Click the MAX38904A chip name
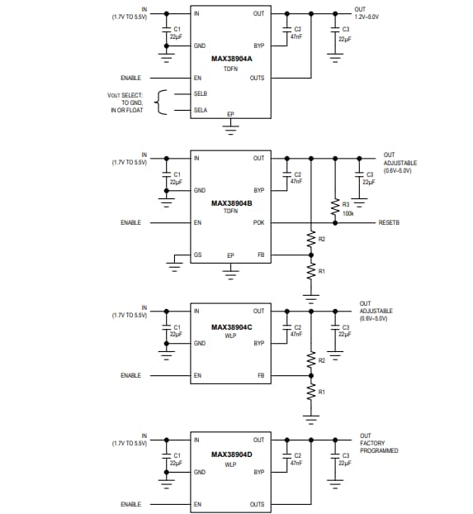tap(230, 59)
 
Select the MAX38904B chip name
tap(230, 202)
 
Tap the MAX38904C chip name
tap(230, 326)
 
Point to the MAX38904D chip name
tap(230, 455)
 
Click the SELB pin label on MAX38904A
tap(201, 93)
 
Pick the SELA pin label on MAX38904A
tap(201, 109)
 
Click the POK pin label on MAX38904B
tap(258, 222)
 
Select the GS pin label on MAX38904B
tap(197, 255)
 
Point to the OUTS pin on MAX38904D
tap(257, 503)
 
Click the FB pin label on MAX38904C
tap(260, 375)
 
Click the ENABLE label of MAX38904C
tap(130, 375)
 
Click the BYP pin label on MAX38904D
tap(258, 472)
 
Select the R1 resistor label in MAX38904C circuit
tap(322, 392)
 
